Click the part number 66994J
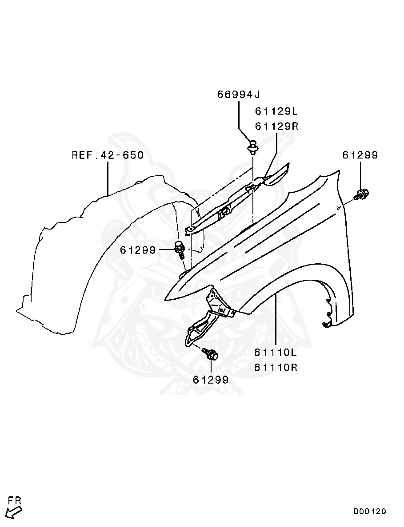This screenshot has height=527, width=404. pos(238,94)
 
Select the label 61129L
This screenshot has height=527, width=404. pos(276,111)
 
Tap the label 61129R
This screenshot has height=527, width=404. pos(276,126)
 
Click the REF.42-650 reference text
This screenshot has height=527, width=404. pos(108,155)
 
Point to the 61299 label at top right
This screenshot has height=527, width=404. pos(360,155)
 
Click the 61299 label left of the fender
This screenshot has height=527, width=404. pos(138,250)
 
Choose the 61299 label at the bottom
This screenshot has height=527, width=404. pos(211,380)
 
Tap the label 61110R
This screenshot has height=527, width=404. pos(276,368)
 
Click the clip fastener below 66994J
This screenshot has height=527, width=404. pos(253,147)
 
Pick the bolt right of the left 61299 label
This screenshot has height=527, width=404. pos(180,249)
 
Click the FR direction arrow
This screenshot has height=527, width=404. pos(15,513)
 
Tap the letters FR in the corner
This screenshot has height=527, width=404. pos(14,501)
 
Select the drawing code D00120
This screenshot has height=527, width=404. pos(370,511)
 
